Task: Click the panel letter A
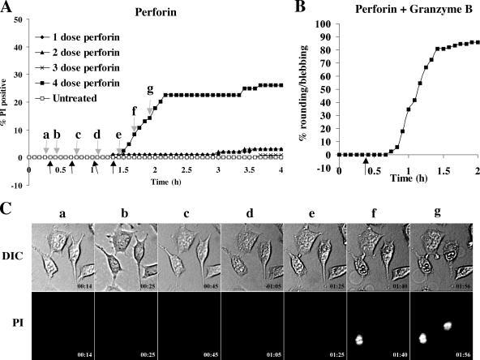[x=7, y=8]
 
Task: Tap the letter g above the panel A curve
[x=149, y=88]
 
